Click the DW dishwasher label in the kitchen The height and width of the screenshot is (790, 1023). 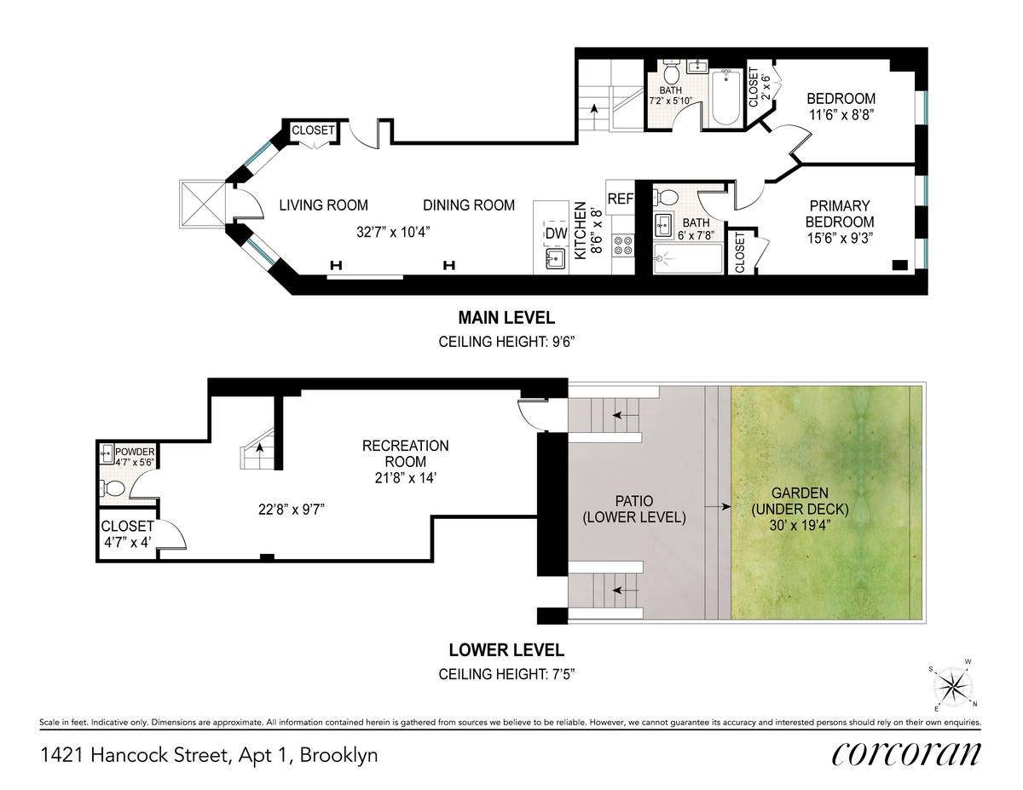pos(557,234)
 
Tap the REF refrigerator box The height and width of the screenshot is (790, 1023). pos(621,198)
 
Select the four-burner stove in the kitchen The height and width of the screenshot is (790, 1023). pos(623,245)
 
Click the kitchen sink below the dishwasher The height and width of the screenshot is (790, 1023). pos(556,259)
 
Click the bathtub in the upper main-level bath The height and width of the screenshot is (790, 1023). pos(725,98)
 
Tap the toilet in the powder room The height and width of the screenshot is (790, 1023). pos(112,488)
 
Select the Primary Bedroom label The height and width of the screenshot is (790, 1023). pos(840,214)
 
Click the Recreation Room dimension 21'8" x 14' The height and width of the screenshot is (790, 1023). pos(405,478)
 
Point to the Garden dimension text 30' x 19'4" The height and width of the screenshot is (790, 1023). pos(800,525)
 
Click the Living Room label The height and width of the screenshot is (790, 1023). pos(323,205)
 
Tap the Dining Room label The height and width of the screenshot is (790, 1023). pos(469,205)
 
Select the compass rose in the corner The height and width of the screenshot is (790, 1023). pos(952,688)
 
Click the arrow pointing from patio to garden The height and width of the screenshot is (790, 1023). pos(718,507)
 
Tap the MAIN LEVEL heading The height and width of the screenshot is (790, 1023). pos(506,318)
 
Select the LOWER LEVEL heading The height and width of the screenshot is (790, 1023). pos(506,650)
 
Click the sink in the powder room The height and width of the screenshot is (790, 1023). pos(107,454)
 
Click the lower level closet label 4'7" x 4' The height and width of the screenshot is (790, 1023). pos(127,543)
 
